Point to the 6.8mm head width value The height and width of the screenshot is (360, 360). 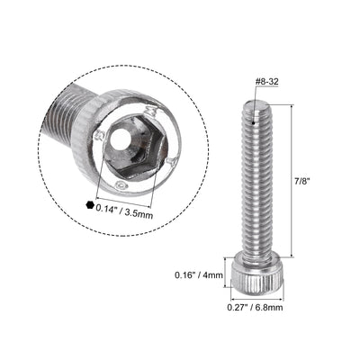pyautogui.click(x=266, y=309)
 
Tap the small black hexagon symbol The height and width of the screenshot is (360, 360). pyautogui.click(x=89, y=205)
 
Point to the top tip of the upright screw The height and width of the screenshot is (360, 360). pyautogui.click(x=253, y=104)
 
